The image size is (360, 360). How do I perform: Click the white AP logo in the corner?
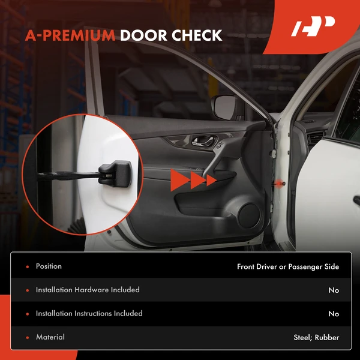tap(313, 26)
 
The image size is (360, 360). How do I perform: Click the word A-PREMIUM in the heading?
tap(70, 35)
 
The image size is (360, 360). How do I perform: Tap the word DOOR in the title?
tap(143, 35)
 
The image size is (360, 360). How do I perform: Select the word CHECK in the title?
tap(197, 35)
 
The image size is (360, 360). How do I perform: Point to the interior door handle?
tap(205, 140)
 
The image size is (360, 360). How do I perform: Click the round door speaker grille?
tap(250, 216)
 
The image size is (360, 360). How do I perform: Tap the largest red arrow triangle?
tap(180, 180)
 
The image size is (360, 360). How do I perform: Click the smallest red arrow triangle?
tap(211, 180)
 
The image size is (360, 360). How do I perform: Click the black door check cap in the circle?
tap(115, 174)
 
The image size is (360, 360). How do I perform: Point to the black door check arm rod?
tap(68, 176)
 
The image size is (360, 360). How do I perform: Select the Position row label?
tap(49, 266)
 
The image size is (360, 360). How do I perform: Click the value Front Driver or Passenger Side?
tap(288, 267)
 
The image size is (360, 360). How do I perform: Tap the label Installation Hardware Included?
tap(88, 290)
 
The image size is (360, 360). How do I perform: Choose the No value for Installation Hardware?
tap(334, 290)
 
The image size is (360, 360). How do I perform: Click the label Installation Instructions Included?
tap(89, 313)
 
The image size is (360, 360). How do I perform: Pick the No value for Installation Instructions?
tap(334, 314)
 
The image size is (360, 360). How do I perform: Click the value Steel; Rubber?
tap(316, 337)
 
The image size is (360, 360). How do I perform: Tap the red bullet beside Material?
tap(28, 338)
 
